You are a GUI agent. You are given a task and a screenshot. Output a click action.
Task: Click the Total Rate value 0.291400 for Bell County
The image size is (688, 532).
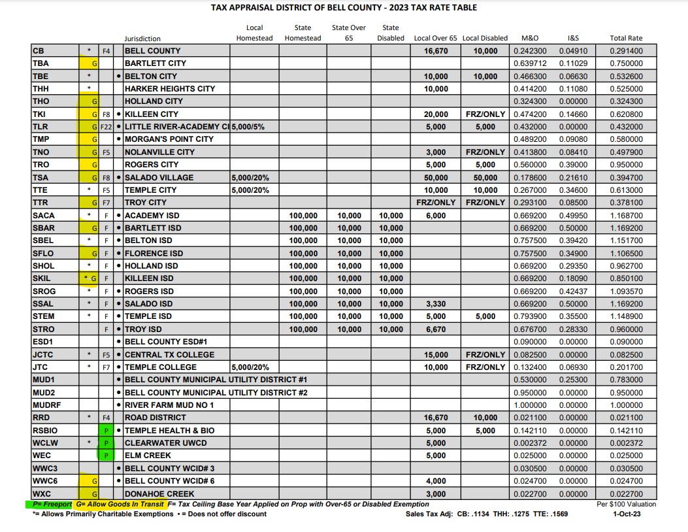pos(625,51)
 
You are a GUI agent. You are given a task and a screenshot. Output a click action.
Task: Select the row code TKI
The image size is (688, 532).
pos(41,114)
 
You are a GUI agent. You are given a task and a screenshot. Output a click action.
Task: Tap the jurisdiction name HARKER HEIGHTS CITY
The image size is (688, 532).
pos(169,89)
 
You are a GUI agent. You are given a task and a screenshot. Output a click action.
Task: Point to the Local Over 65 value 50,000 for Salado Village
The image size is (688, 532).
pos(436,178)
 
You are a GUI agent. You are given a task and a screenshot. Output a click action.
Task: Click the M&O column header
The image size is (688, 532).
pos(530,39)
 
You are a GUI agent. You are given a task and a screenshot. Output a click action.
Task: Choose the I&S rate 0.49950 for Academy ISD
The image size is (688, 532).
pos(573,216)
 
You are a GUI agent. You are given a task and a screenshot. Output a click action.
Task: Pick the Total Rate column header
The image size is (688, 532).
pos(625,39)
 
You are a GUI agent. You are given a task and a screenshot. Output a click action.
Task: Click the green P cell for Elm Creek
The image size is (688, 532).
pos(105,456)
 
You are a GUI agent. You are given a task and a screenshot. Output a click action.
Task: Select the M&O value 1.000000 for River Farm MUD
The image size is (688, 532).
pos(530,405)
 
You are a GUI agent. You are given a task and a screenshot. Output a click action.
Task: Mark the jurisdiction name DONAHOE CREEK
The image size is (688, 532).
pos(159,494)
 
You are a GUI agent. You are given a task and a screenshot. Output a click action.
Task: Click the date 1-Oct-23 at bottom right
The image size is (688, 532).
pos(625,514)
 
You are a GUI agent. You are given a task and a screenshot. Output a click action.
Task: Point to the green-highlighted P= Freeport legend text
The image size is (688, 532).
pos(48,505)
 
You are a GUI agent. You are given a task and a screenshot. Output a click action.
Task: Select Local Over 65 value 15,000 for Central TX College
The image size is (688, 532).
pos(436,355)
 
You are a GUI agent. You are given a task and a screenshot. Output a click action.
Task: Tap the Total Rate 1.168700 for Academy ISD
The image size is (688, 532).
pos(625,216)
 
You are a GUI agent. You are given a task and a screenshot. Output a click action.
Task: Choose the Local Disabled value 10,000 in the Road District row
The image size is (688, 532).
pos(485,418)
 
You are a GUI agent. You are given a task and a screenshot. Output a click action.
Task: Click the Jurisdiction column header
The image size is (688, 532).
pos(142,39)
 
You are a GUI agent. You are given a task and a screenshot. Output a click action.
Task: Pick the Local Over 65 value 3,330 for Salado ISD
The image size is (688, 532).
pos(436,304)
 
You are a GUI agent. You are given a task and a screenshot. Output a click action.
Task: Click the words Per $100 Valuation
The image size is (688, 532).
pos(625,505)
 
